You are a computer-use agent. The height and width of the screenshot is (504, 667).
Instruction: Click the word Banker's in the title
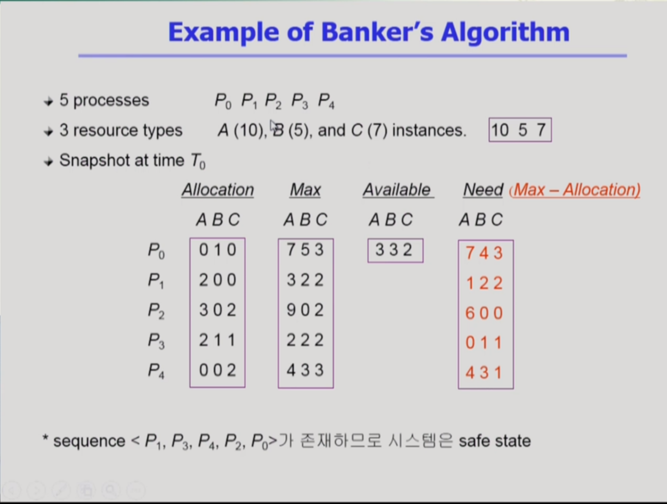pyautogui.click(x=377, y=32)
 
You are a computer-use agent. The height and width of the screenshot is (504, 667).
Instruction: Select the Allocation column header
pyautogui.click(x=218, y=190)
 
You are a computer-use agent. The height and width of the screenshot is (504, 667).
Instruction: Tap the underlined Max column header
pyautogui.click(x=305, y=190)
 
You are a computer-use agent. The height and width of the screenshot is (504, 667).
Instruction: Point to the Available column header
pyautogui.click(x=398, y=190)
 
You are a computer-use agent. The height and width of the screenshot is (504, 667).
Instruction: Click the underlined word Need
pyautogui.click(x=483, y=190)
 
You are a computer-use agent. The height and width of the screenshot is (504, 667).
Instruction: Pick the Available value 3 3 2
pyautogui.click(x=394, y=250)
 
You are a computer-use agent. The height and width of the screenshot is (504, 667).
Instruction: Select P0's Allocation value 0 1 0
pyautogui.click(x=218, y=250)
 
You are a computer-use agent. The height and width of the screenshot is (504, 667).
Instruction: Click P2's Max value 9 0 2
pyautogui.click(x=305, y=310)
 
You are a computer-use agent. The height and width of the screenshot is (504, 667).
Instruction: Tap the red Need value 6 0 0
pyautogui.click(x=484, y=313)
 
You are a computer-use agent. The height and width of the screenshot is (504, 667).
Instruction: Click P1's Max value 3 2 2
pyautogui.click(x=305, y=280)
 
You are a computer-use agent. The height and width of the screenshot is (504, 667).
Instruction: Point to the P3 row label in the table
pyautogui.click(x=156, y=340)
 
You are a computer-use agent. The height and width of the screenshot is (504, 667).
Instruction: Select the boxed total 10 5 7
pyautogui.click(x=520, y=130)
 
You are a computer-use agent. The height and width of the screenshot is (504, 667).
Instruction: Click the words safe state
pyautogui.click(x=495, y=441)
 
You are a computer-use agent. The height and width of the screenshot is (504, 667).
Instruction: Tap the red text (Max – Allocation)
pyautogui.click(x=575, y=190)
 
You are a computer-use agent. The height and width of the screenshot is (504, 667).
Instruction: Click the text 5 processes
pyautogui.click(x=104, y=100)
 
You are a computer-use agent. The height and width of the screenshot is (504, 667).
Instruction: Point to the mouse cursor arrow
pyautogui.click(x=273, y=127)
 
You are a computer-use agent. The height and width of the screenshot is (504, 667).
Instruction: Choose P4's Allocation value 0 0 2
pyautogui.click(x=218, y=370)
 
